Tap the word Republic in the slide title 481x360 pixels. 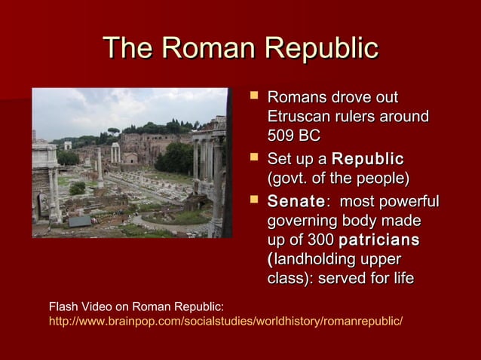click(317, 49)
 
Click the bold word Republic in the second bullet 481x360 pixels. click(368, 160)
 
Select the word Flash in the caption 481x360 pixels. click(62, 307)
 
